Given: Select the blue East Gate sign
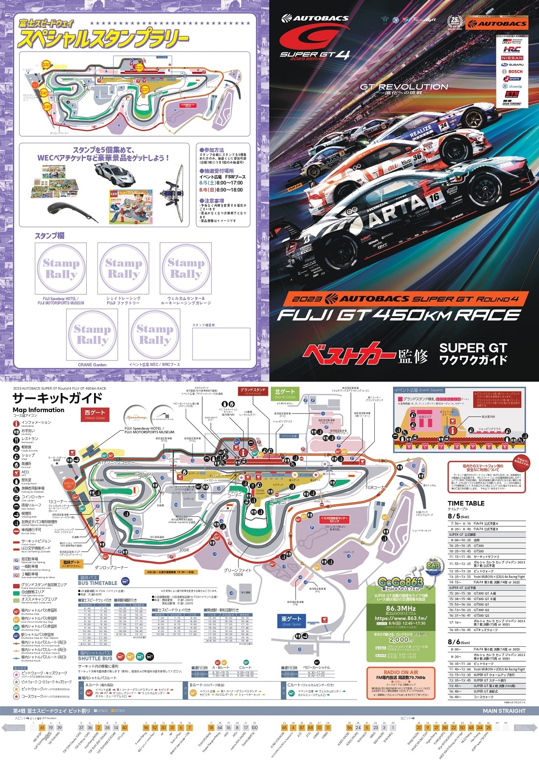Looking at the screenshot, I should pos(291,621).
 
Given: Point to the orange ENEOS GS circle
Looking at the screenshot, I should pos(69,484).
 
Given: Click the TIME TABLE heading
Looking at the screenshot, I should pos(465,503).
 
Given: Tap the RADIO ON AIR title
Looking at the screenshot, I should pos(400,672).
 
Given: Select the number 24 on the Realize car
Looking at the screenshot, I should pos(443,126).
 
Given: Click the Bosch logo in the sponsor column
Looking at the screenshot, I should pos(512,72).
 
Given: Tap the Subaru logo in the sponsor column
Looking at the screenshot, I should pos(512,65).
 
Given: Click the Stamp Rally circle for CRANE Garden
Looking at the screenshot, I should pos(92,335).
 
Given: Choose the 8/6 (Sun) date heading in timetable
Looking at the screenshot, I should pos(458,642).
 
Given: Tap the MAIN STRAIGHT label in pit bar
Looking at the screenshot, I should pos(503,710).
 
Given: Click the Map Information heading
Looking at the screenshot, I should pos(38,410).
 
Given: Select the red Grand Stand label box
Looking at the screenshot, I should pos(253,391).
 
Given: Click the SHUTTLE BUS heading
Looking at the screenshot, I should pos(95,658).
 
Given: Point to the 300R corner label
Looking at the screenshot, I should pos(184,550).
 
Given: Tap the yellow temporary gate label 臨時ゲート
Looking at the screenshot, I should pos(71,563).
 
